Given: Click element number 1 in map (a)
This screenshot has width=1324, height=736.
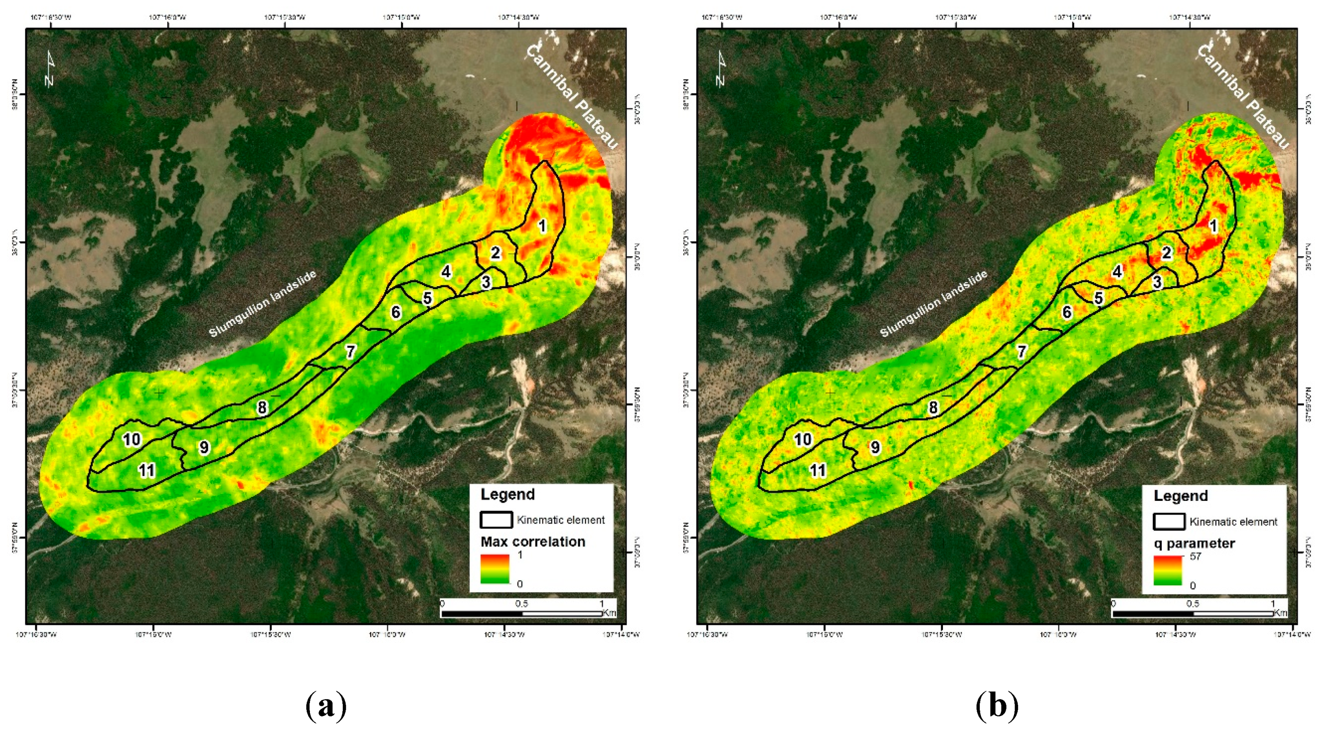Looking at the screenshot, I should click(x=542, y=226).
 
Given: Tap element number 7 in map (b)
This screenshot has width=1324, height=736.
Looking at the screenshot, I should click(x=1022, y=351).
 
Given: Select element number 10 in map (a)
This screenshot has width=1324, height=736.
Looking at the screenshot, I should click(x=132, y=439).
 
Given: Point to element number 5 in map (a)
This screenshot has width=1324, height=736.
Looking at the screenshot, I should click(x=427, y=298).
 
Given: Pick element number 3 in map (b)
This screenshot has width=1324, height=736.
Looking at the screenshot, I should click(x=1157, y=282).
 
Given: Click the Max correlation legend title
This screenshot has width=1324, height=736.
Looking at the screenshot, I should click(x=532, y=542).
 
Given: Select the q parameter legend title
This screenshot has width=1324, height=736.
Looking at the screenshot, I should click(x=1194, y=543).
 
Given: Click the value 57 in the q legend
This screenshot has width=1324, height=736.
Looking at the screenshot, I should click(x=1195, y=556).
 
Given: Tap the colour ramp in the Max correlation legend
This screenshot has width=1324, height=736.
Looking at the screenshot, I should click(x=495, y=568).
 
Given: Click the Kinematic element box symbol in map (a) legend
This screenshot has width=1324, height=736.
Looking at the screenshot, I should click(x=496, y=520).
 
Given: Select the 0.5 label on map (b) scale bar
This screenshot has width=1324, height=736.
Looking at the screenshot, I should click(x=1192, y=603).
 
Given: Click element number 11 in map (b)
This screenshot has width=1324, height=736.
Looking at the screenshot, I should click(x=818, y=470).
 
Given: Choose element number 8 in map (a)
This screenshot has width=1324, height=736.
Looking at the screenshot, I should click(x=262, y=407).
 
